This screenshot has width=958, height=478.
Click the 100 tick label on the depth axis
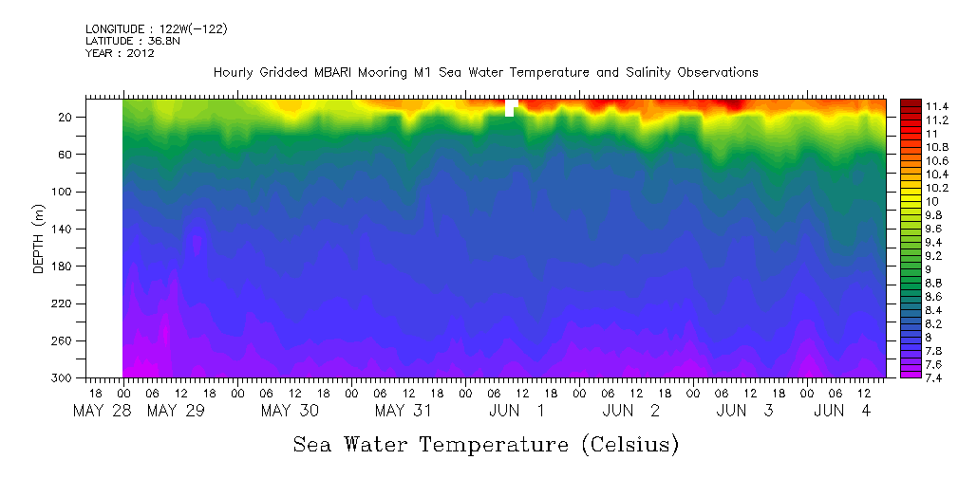[x=67, y=192]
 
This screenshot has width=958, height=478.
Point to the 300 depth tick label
[x=67, y=378]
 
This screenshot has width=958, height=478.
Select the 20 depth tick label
[x=70, y=118]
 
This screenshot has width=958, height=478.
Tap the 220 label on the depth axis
[x=67, y=303]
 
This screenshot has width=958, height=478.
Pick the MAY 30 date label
[x=290, y=411]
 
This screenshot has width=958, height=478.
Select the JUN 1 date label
[x=517, y=411]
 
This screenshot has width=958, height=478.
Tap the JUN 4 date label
[x=842, y=411]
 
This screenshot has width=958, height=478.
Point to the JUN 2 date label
[x=630, y=411]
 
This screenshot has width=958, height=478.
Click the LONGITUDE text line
[x=156, y=29]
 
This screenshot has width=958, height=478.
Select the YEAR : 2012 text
[x=120, y=53]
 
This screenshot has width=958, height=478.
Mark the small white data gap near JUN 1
[x=510, y=108]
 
